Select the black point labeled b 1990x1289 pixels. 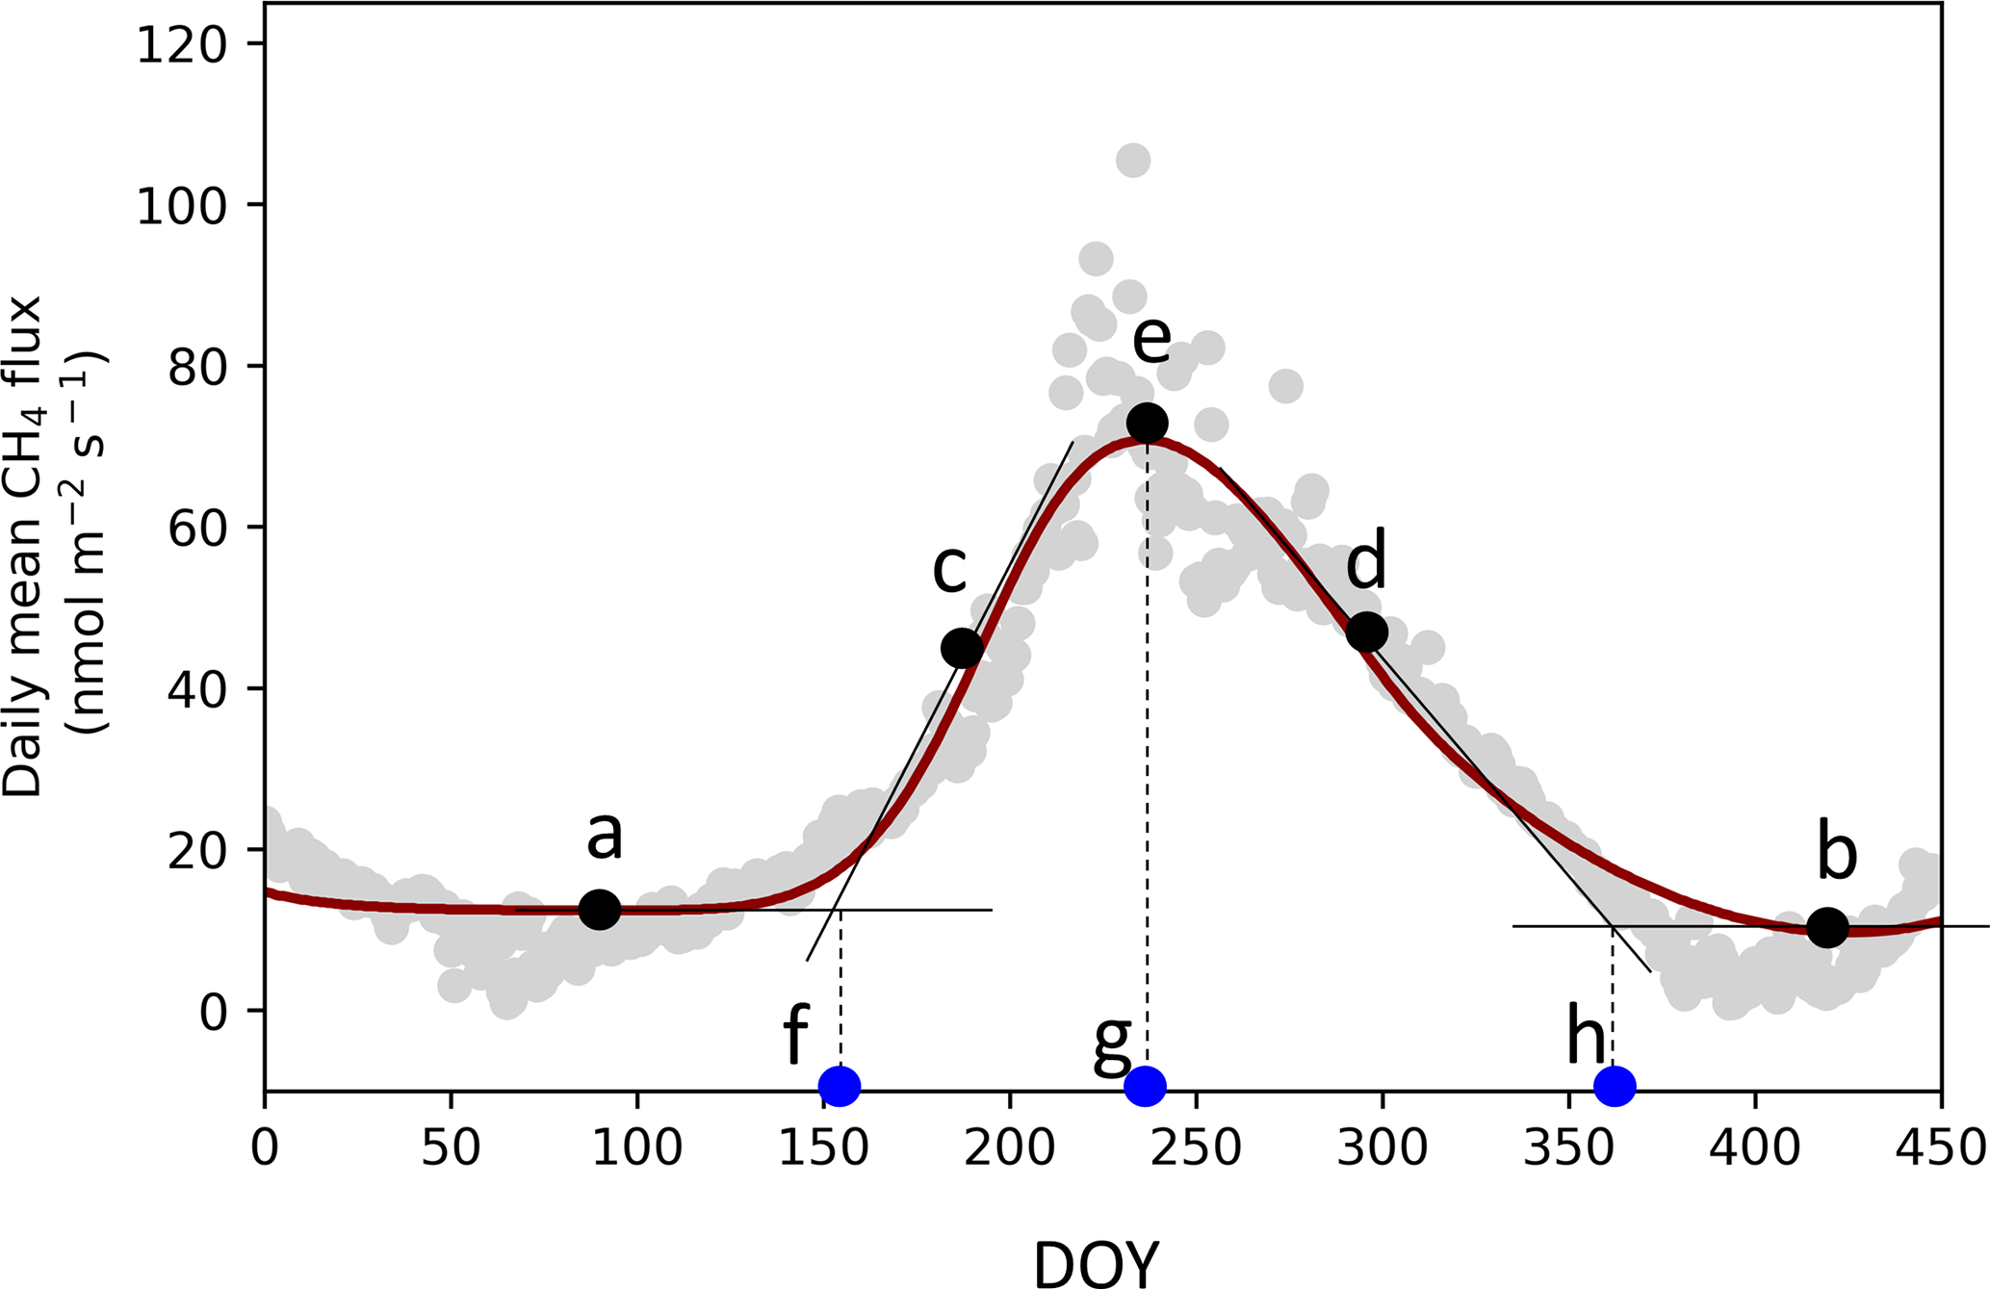(x=1827, y=927)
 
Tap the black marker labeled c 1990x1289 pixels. (x=962, y=649)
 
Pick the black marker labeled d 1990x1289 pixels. (x=1366, y=632)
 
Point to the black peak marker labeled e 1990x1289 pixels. (x=1148, y=423)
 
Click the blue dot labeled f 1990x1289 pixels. (x=840, y=1086)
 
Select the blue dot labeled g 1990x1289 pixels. (x=1146, y=1086)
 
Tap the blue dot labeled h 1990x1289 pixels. (x=1615, y=1086)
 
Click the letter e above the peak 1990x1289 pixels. (x=1151, y=339)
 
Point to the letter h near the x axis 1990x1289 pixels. (x=1586, y=1038)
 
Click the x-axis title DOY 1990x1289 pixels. (x=1097, y=1263)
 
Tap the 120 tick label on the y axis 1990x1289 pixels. (x=188, y=45)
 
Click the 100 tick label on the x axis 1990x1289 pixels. (x=636, y=1149)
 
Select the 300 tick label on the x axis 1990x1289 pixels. (x=1383, y=1149)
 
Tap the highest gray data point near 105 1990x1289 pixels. (x=1133, y=160)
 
